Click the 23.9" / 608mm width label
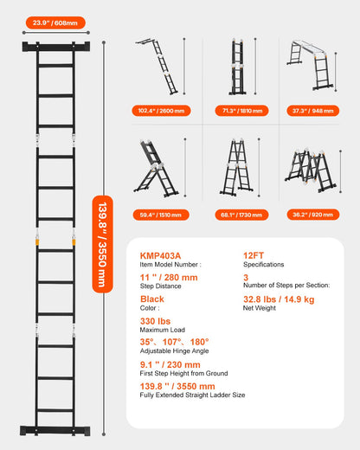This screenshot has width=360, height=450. (x=53, y=22)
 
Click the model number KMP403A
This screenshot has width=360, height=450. (x=161, y=255)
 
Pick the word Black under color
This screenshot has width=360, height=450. (x=152, y=299)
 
